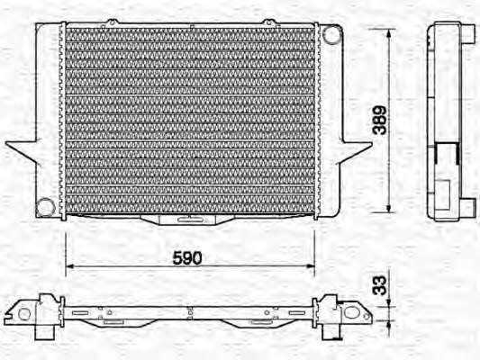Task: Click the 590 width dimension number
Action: tap(187, 257)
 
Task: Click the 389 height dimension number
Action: tap(380, 121)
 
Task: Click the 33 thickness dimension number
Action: tap(380, 285)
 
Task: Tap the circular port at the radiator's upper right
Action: tap(331, 34)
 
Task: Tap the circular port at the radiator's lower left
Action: tap(46, 207)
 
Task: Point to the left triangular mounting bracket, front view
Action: tap(23, 150)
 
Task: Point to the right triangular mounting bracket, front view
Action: tap(356, 151)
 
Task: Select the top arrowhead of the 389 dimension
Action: tap(389, 33)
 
